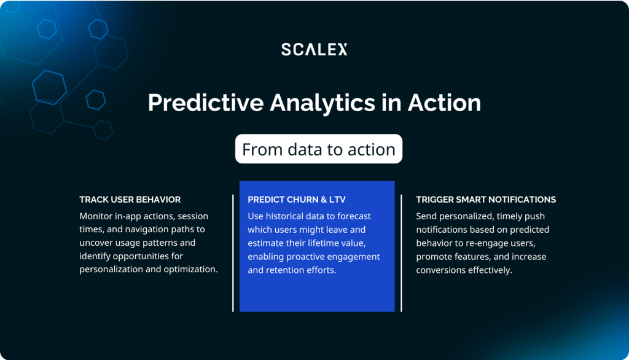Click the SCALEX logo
coord(314,49)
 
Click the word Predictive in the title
coord(206,103)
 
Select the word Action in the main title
coord(444,103)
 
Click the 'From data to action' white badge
coord(319,149)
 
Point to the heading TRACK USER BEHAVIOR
coord(130,200)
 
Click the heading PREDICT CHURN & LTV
coord(297,200)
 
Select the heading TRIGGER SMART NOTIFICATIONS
coord(486,200)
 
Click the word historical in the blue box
coord(284,216)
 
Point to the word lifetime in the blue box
coord(324,243)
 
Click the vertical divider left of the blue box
coord(233,253)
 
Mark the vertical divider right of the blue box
coord(401,253)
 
